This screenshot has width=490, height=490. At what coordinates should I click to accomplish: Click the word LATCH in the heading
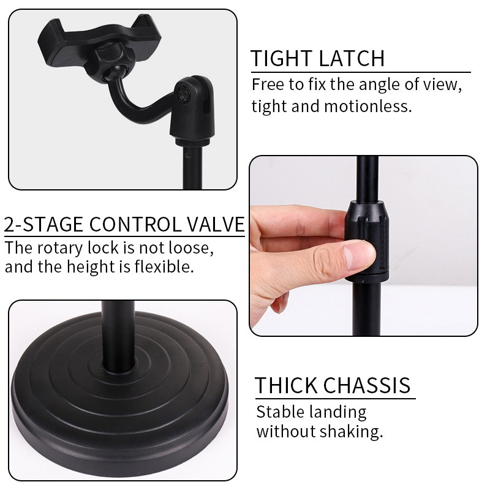pos(352,58)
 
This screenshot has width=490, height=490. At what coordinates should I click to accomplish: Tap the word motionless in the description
pos(368,106)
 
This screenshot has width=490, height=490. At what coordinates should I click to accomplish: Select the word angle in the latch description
pos(379,85)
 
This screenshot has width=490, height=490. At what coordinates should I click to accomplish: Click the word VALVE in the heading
pos(216,224)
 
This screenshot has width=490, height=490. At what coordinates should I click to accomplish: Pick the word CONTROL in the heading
pos(135,224)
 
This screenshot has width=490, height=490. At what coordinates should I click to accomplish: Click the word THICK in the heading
pos(286,385)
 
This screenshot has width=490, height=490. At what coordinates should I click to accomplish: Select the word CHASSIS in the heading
pos(366,385)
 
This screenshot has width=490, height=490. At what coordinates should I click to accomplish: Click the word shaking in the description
pos(351,432)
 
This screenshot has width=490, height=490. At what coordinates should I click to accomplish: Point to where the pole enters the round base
pos(118,366)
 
